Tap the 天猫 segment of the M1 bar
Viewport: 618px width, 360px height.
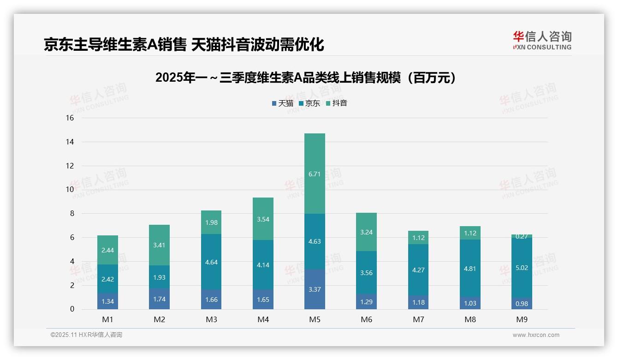(107, 301)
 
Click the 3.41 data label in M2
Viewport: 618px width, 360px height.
(160, 245)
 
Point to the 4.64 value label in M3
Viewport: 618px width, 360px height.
(211, 262)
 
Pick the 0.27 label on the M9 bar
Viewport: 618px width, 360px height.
(522, 236)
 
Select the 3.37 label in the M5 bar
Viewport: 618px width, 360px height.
(315, 289)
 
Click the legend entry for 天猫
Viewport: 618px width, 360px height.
(283, 103)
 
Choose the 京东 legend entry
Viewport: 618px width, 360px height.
(309, 103)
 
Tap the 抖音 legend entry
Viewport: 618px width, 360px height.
(337, 103)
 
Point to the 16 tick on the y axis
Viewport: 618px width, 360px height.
(70, 118)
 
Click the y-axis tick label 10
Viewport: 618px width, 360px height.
(70, 190)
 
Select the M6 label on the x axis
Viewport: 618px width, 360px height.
(366, 319)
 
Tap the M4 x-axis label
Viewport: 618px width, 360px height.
(263, 319)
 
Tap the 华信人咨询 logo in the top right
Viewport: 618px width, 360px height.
(542, 40)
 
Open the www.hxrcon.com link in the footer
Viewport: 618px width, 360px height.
(536, 335)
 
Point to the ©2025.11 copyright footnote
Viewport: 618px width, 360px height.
(86, 335)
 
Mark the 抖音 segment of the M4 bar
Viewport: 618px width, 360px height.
(263, 219)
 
